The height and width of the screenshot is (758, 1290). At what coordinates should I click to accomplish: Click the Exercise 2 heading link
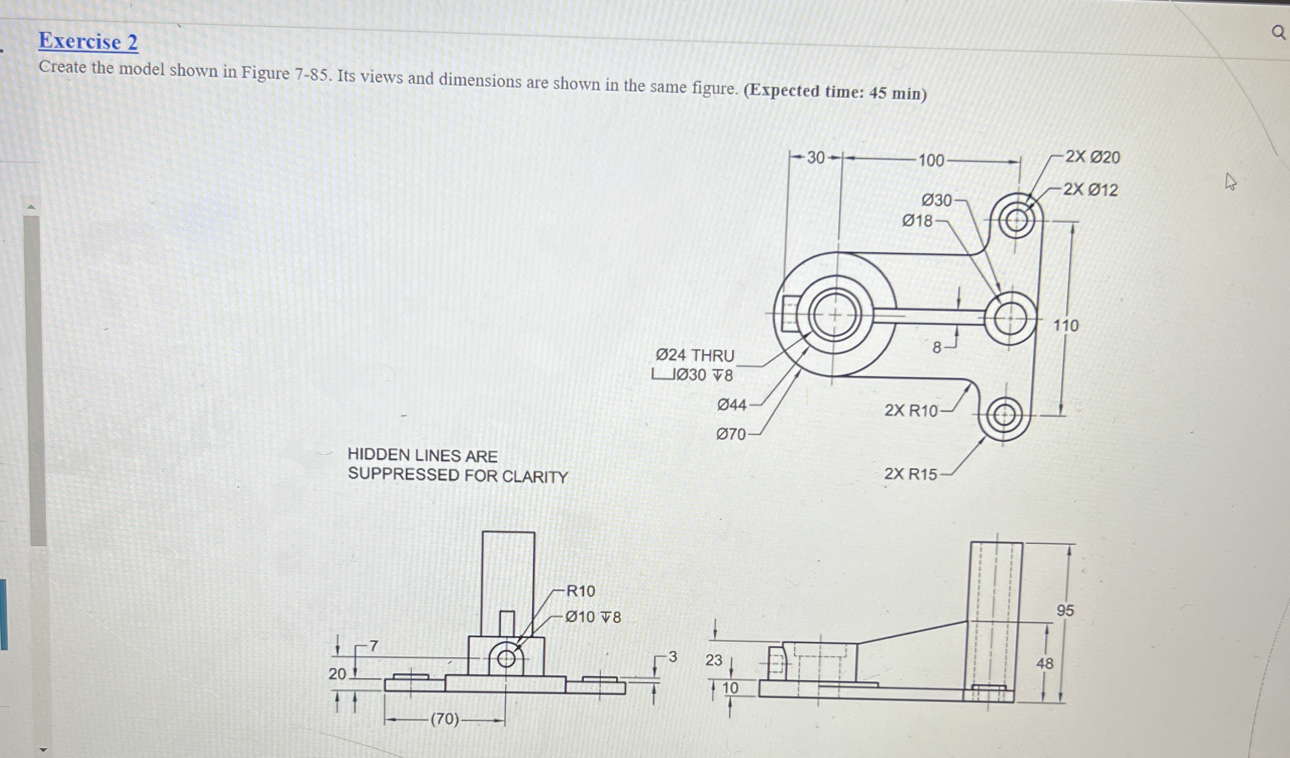tap(88, 41)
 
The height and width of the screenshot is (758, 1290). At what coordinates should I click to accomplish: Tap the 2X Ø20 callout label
tap(1092, 157)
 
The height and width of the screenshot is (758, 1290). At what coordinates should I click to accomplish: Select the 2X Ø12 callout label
tap(1090, 189)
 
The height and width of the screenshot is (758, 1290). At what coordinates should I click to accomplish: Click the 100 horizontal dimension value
tap(930, 161)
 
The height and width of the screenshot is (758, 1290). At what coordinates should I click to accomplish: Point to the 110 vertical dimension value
tap(1065, 325)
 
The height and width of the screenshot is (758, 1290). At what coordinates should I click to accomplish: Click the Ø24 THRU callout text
tap(695, 355)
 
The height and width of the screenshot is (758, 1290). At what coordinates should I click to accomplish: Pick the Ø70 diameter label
tap(731, 434)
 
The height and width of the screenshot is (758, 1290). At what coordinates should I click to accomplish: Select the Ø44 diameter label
tap(731, 405)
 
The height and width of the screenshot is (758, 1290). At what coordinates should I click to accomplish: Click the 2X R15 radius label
tap(910, 474)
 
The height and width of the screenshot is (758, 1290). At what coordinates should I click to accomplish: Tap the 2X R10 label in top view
tap(911, 411)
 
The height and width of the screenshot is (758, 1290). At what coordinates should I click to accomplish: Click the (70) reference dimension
tap(445, 719)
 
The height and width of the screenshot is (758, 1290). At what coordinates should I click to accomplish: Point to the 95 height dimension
tap(1065, 610)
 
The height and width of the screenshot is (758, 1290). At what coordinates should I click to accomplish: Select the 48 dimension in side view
tap(1044, 664)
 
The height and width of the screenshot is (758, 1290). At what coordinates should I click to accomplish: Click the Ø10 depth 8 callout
tap(593, 617)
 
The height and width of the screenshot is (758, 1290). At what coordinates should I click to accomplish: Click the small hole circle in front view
tap(506, 658)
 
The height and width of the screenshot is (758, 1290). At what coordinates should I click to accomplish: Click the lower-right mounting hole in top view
tap(1003, 416)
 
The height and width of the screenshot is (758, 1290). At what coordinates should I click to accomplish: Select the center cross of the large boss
tap(834, 315)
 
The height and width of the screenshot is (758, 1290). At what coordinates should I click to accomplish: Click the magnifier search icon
tap(1279, 33)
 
